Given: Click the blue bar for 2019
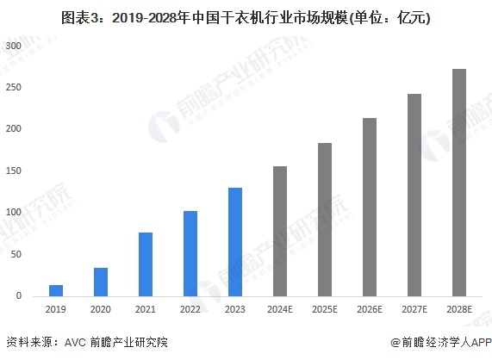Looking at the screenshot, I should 56,290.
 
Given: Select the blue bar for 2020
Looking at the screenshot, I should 101,282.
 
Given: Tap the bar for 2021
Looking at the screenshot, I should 146,264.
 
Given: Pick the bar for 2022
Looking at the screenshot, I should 190,253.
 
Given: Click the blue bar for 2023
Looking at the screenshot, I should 235,242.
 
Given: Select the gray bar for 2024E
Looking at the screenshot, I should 280,231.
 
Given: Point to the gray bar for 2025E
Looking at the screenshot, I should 325,220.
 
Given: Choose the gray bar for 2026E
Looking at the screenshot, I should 370,207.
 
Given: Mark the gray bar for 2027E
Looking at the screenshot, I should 414,195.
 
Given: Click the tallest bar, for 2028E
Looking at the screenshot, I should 459,183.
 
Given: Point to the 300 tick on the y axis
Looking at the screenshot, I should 13,46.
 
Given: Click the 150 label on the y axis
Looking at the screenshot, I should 13,171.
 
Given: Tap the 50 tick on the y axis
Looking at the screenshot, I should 16,255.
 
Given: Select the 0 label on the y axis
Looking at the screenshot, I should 18,296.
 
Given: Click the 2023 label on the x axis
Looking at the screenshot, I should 235,309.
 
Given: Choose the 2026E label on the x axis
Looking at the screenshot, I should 370,309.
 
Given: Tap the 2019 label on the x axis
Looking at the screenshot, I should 56,309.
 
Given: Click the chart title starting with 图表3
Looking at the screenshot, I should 246,16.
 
